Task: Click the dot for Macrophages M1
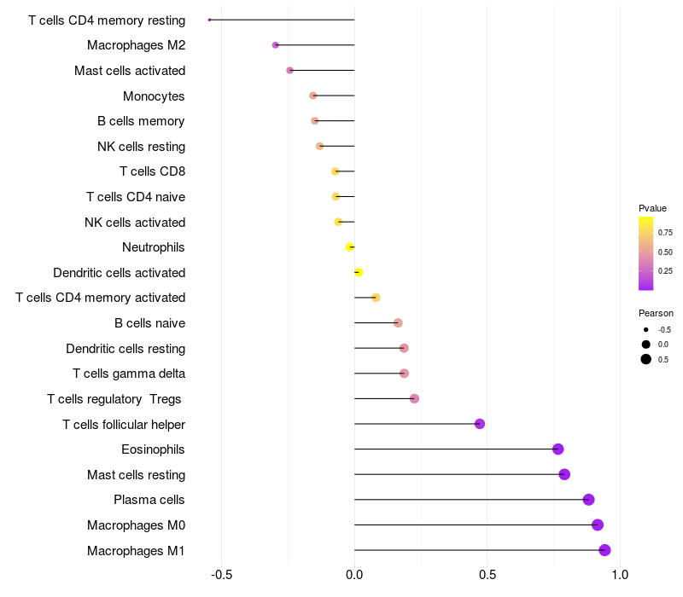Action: click(x=604, y=550)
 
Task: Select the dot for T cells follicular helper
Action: click(x=480, y=424)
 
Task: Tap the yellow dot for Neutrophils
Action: click(x=350, y=247)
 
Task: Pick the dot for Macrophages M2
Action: click(x=275, y=45)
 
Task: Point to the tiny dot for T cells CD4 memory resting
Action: click(x=209, y=20)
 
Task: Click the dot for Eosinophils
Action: click(x=558, y=449)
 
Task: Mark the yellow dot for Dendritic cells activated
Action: click(x=359, y=272)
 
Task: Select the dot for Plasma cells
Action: click(x=588, y=500)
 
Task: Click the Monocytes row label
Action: click(x=154, y=96)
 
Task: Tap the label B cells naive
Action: click(x=150, y=323)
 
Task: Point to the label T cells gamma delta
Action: click(x=129, y=374)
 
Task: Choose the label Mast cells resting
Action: click(x=137, y=475)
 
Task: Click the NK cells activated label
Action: click(x=135, y=223)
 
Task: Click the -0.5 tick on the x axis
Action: click(x=221, y=575)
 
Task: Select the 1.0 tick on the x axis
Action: click(x=620, y=575)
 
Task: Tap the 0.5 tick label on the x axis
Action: click(x=487, y=575)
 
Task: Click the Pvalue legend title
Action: click(x=652, y=208)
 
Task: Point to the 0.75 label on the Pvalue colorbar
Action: click(x=665, y=233)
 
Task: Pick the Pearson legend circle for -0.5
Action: click(x=646, y=330)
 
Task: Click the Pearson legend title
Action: click(x=656, y=313)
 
